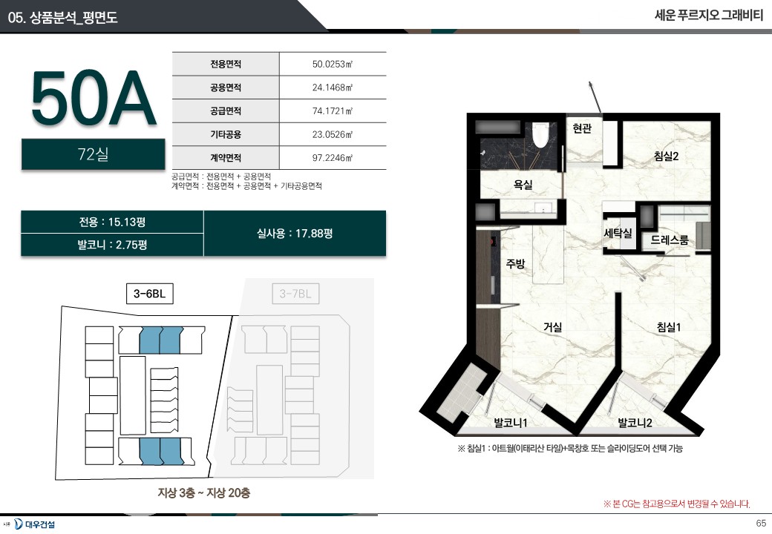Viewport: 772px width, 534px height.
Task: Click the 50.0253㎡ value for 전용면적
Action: tap(333, 64)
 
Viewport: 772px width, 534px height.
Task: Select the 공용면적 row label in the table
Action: tap(226, 88)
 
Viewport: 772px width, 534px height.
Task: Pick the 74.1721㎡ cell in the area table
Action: tap(333, 111)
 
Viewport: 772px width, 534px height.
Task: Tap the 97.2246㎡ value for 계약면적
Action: tap(333, 158)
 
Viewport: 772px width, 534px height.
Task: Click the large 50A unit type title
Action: tap(93, 99)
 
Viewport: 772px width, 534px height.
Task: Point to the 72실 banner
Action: tap(93, 154)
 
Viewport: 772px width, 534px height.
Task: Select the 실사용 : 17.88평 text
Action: tap(295, 233)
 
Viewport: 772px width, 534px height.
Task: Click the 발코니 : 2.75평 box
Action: tap(112, 245)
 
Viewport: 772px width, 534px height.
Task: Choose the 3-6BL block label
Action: tap(150, 294)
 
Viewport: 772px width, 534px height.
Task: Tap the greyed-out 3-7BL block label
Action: tap(295, 294)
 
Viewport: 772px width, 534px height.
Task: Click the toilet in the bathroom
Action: tap(540, 134)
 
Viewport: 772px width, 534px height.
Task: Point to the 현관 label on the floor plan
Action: tap(582, 129)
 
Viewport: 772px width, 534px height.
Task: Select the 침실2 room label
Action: tap(666, 156)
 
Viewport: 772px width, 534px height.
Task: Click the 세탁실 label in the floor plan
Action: tap(618, 233)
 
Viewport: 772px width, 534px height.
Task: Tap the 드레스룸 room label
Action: tap(670, 240)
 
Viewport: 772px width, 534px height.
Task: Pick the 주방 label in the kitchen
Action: tap(515, 263)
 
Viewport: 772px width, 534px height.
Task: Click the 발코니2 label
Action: tap(635, 423)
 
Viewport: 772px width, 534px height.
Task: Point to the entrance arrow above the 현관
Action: tap(595, 97)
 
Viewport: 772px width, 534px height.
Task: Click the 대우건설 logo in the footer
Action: tap(34, 524)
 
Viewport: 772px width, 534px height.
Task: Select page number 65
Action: tap(761, 523)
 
